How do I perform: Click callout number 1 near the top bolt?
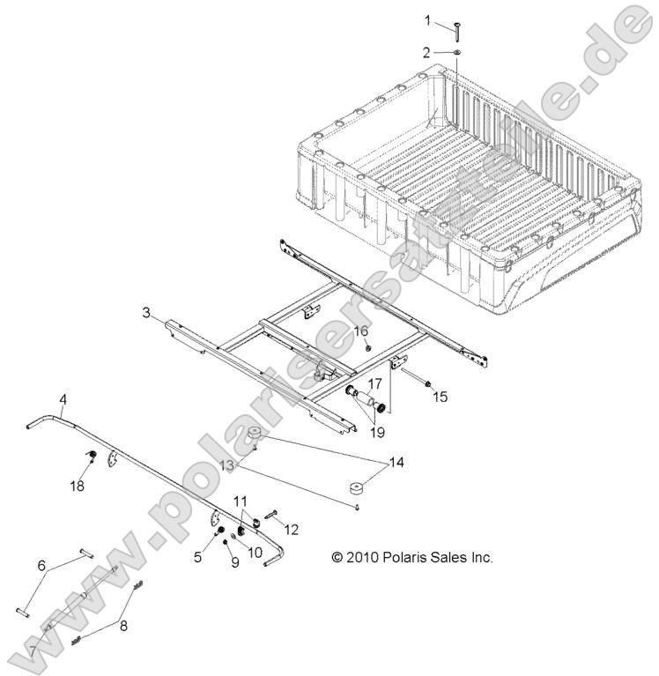428,19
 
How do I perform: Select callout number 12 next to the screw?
292,530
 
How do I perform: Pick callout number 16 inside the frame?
361,331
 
